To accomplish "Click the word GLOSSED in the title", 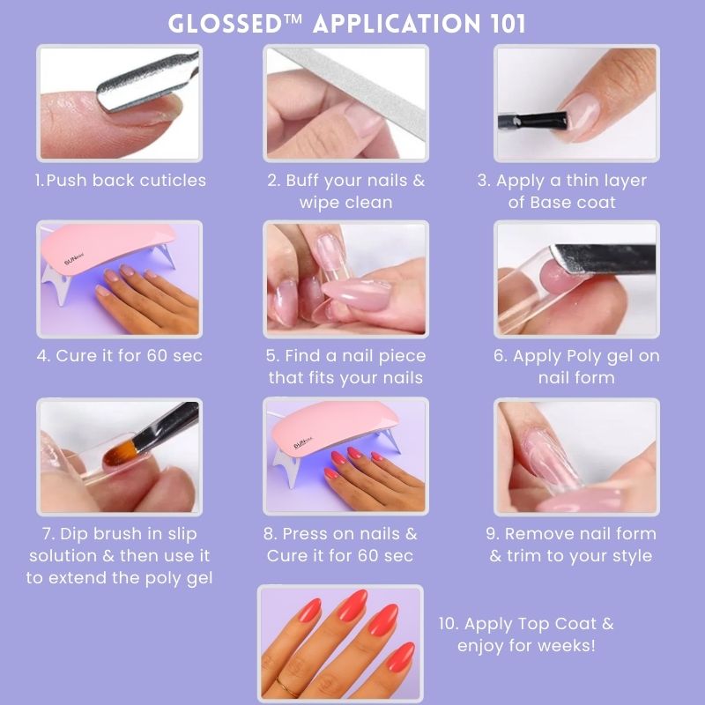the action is [225, 24].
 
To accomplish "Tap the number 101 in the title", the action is [508, 24].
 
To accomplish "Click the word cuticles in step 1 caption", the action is [173, 181].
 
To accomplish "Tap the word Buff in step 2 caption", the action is [303, 181].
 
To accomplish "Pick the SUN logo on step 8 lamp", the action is [303, 444].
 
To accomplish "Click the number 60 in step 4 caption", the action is [157, 356].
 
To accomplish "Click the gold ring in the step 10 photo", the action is [283, 688].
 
